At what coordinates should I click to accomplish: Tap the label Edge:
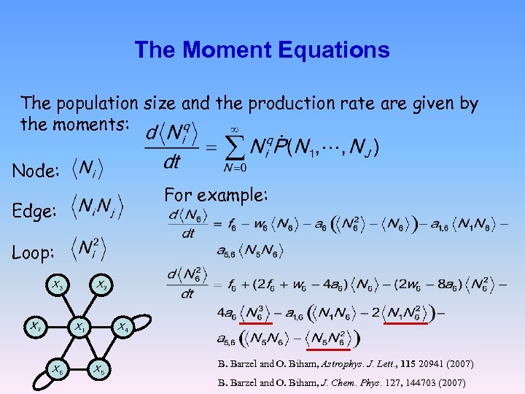tap(34, 212)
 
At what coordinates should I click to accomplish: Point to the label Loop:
tap(33, 252)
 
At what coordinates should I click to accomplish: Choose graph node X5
tap(99, 368)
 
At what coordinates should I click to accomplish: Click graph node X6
tap(57, 368)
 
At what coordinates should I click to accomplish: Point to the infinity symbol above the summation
tap(235, 127)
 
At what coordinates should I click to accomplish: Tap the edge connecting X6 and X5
tap(78, 368)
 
